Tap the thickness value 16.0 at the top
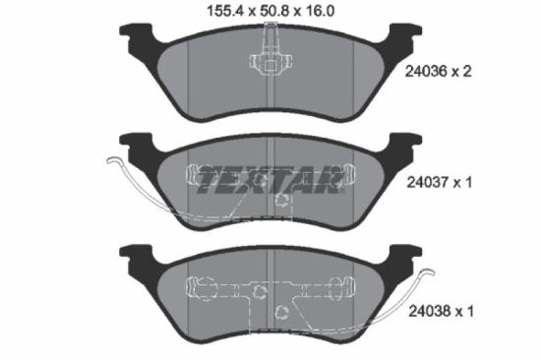pyautogui.click(x=321, y=13)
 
